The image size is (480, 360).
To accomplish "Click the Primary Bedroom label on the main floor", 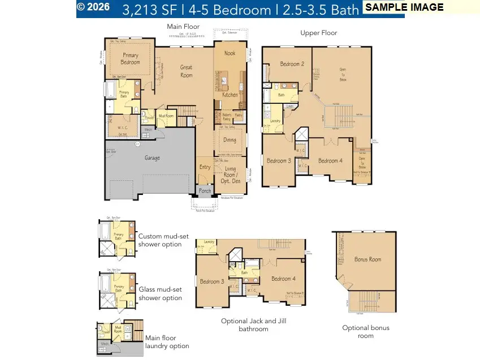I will pyautogui.click(x=131, y=59).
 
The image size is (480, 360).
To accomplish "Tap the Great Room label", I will pyautogui.click(x=186, y=71).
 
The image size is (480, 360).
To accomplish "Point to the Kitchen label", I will pyautogui.click(x=230, y=95).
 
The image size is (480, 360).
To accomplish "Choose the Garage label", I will pyautogui.click(x=152, y=158).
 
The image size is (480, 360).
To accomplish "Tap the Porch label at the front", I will pyautogui.click(x=205, y=191).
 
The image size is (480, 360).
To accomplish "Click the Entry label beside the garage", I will pyautogui.click(x=205, y=167).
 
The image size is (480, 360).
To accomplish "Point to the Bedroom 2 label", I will pyautogui.click(x=291, y=64).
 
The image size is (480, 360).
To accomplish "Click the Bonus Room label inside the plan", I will pyautogui.click(x=367, y=259).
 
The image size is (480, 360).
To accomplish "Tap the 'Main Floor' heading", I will pyautogui.click(x=183, y=27).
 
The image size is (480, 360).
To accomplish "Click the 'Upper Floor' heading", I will pyautogui.click(x=318, y=33).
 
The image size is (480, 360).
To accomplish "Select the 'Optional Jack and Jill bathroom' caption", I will pyautogui.click(x=249, y=324).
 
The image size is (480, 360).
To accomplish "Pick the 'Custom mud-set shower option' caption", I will pyautogui.click(x=161, y=241).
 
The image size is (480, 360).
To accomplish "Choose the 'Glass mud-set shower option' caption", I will pyautogui.click(x=161, y=293).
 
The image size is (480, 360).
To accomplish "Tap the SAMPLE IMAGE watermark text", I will pyautogui.click(x=404, y=8).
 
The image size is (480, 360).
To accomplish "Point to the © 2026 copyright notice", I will pyautogui.click(x=93, y=7).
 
